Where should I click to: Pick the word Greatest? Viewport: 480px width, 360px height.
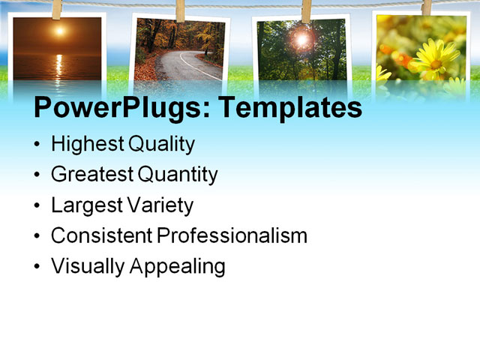pos(92,175)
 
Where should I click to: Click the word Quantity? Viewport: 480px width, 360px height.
pos(178,175)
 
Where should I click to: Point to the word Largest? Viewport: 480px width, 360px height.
pos(83,205)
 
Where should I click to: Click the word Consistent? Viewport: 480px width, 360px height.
pos(101,235)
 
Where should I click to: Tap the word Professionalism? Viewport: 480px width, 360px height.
pos(232,235)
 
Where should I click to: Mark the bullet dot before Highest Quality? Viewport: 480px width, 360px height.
pos(38,145)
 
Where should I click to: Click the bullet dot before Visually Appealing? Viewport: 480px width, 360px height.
pos(38,267)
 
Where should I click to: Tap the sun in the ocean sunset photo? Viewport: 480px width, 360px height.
pos(59,31)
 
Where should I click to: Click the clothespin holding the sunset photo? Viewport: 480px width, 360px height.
pos(57,9)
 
